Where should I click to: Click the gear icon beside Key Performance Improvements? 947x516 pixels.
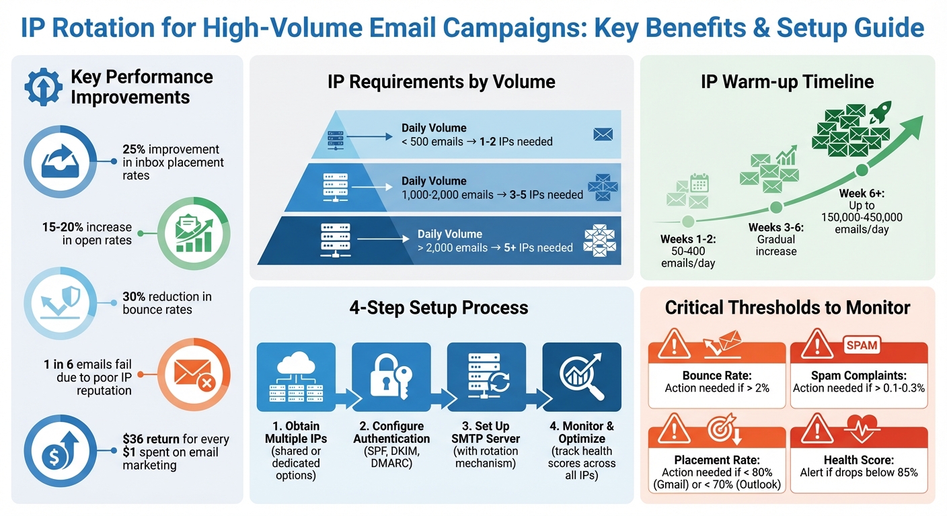coord(43,87)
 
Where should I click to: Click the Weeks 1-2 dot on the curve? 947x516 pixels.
coord(688,220)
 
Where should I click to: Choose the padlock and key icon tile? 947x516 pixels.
coord(391,377)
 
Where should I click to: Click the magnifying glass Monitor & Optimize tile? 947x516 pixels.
coord(582,377)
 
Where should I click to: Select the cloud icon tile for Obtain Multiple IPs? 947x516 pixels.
coord(296,377)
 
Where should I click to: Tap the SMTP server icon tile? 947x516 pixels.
coord(486,377)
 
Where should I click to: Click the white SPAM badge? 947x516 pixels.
coord(862,345)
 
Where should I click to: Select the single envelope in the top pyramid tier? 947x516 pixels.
coord(603,134)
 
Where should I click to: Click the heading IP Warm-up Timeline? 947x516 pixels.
coord(787,83)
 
